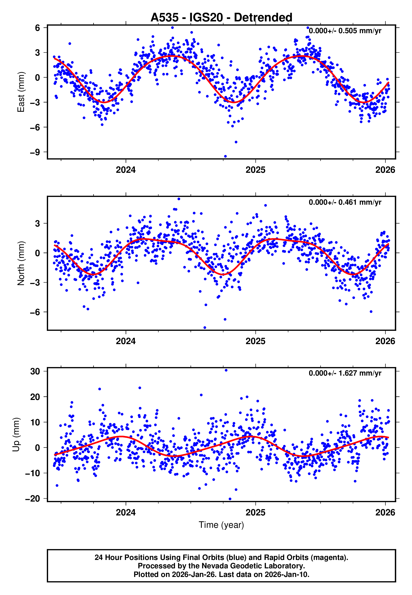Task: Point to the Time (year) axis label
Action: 221,525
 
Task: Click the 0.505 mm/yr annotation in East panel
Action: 345,31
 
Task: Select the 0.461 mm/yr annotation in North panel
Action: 345,202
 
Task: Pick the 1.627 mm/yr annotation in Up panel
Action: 345,373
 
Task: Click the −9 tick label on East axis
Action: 35,152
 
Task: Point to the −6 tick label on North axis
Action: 35,312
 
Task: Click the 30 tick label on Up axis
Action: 35,372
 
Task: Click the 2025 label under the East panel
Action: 255,170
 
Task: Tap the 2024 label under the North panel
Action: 126,341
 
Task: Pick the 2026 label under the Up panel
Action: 385,512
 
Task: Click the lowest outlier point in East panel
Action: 225,156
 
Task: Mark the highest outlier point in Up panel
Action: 226,370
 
